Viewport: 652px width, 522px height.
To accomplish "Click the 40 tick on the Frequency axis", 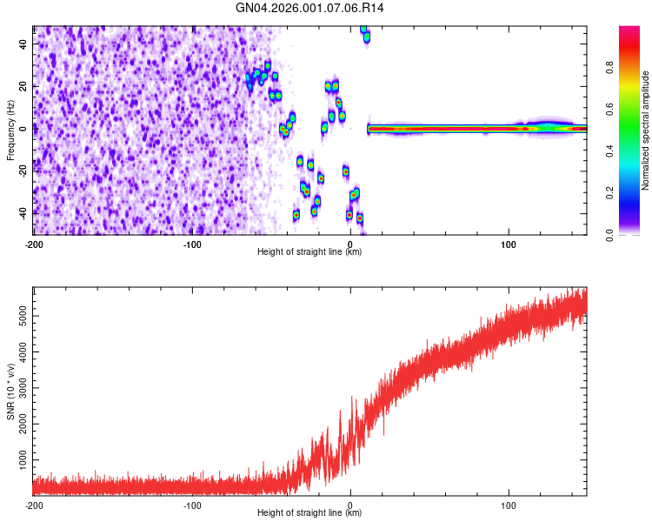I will tap(23, 43).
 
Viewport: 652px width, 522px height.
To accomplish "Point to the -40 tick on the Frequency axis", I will tap(21, 212).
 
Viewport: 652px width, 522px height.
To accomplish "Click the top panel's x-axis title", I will tap(309, 251).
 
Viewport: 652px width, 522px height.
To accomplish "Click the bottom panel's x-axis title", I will tap(309, 513).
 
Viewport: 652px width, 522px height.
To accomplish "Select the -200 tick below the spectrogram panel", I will tap(34, 244).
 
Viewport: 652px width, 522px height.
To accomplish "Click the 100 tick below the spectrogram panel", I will tap(509, 244).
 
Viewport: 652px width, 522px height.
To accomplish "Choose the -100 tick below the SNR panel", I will tap(192, 505).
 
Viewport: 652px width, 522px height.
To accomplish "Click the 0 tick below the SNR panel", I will tap(350, 505).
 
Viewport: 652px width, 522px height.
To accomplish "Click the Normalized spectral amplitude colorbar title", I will tap(646, 130).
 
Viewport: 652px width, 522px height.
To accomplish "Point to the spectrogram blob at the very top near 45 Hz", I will tap(365, 34).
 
